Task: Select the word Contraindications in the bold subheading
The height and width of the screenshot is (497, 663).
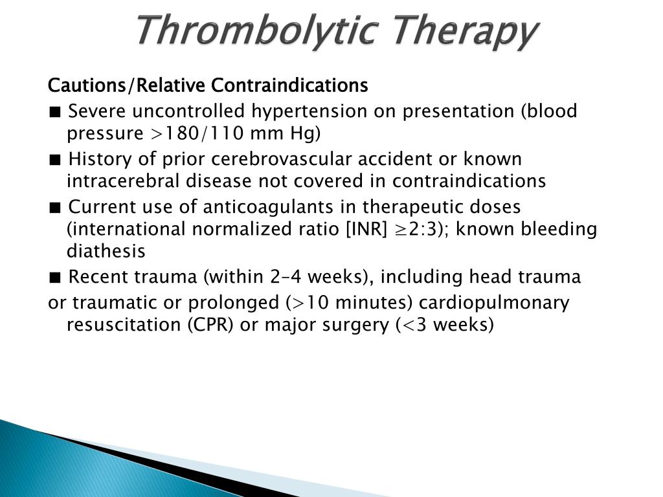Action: tap(289, 85)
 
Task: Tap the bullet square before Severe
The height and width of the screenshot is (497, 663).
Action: tap(54, 112)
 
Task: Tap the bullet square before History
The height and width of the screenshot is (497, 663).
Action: tap(54, 160)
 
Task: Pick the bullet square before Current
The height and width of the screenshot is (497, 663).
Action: tap(54, 208)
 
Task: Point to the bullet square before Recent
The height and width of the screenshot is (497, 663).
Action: tap(54, 278)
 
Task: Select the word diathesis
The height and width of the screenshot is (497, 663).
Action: tap(106, 251)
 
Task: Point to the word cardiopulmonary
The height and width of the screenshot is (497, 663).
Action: tap(494, 304)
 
